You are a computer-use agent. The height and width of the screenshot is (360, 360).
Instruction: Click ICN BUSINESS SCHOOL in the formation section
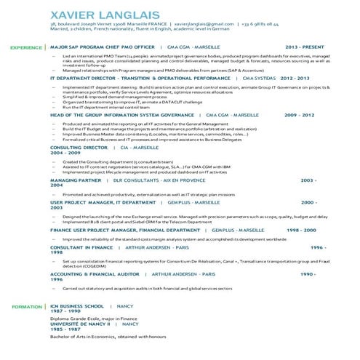pos(79,305)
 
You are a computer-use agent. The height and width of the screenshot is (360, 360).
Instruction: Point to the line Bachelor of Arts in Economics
pos(98,337)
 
